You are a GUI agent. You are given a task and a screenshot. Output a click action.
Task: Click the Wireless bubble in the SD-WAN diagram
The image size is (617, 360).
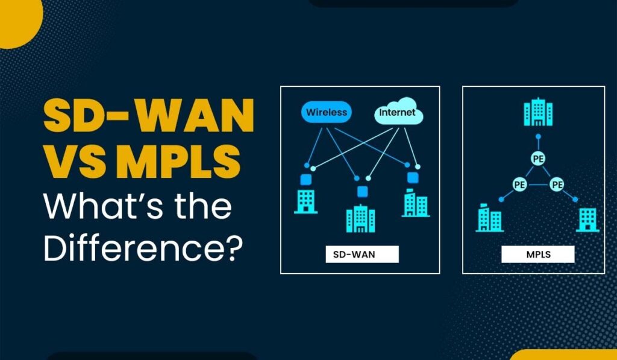(x=326, y=112)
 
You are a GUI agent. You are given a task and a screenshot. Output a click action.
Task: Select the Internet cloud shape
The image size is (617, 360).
(x=398, y=112)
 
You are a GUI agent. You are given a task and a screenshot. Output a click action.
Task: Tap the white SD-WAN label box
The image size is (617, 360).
(x=362, y=254)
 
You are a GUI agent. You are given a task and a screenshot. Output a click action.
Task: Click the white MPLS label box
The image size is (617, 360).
(x=538, y=254)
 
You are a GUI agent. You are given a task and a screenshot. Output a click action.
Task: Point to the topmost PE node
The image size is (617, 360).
(x=538, y=159)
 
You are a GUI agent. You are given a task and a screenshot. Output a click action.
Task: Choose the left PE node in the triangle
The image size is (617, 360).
(x=520, y=185)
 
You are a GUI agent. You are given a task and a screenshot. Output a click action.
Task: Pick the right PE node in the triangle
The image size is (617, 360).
(x=556, y=185)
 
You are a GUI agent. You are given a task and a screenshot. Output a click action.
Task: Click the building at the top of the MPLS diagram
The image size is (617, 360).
(x=538, y=112)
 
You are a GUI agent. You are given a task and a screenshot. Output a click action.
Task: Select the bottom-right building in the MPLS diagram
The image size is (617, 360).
(x=587, y=219)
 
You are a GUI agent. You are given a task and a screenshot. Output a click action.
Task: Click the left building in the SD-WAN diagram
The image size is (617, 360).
(x=305, y=201)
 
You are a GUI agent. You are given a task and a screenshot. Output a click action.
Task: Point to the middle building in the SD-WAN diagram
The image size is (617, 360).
(x=361, y=219)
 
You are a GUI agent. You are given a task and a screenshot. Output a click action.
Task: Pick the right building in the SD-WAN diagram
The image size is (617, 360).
(x=416, y=203)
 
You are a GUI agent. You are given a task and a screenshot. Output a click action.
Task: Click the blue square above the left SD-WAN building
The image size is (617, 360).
(x=305, y=180)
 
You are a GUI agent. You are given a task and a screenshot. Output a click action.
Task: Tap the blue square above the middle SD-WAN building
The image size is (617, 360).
(x=362, y=192)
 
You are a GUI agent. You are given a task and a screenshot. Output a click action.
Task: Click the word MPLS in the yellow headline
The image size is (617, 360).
(x=178, y=162)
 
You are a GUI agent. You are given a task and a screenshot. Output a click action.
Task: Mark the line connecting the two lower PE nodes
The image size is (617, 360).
(x=538, y=185)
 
